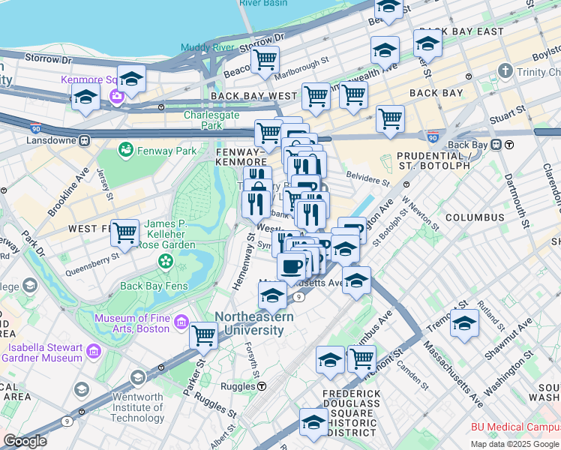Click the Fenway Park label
click(169, 151)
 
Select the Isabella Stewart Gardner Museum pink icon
click(94, 351)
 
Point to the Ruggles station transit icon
click(262, 386)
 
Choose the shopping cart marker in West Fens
click(124, 232)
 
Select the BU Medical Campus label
click(514, 427)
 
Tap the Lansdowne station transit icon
click(85, 139)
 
